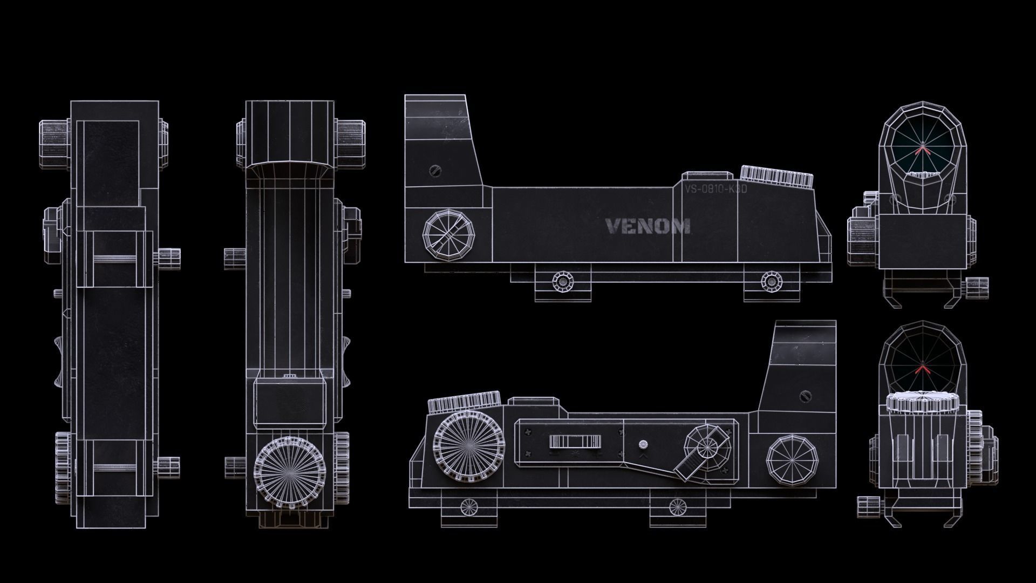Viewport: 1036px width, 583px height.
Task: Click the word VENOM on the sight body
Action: click(647, 226)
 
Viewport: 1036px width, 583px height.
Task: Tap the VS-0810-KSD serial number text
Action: click(715, 189)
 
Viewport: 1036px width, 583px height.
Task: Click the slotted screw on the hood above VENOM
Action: click(435, 171)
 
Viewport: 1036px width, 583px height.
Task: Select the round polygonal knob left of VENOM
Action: click(449, 236)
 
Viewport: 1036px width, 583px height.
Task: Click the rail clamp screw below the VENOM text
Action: click(563, 281)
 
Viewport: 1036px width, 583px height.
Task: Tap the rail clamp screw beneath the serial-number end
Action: click(771, 281)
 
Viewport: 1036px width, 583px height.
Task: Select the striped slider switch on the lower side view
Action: click(575, 442)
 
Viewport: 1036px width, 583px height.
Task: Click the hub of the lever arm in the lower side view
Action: click(708, 448)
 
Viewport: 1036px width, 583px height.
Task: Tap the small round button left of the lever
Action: click(643, 445)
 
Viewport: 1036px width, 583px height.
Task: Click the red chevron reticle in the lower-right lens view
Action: click(922, 370)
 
